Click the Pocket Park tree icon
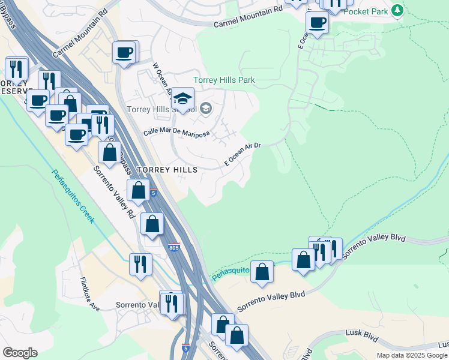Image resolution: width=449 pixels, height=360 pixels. click(x=397, y=10)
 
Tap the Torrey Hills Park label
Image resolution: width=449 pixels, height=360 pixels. click(x=224, y=80)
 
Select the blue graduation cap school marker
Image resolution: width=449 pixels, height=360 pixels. click(x=184, y=98)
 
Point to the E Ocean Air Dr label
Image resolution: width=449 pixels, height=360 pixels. click(x=243, y=154)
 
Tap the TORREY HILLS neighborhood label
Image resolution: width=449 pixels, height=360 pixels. click(x=167, y=170)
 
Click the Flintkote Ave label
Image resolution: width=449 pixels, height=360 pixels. click(x=90, y=293)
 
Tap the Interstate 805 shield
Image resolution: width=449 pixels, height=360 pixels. click(x=173, y=247)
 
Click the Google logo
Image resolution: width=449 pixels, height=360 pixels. click(x=20, y=353)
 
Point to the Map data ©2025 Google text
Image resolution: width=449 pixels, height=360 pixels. click(x=412, y=355)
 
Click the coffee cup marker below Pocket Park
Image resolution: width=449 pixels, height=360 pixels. click(x=317, y=23)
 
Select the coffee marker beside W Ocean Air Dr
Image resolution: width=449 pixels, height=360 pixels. click(x=125, y=53)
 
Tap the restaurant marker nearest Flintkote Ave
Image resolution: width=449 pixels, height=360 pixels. click(x=140, y=264)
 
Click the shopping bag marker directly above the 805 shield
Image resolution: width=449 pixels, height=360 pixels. click(x=152, y=224)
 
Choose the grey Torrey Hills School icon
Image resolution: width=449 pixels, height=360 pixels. click(x=205, y=108)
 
